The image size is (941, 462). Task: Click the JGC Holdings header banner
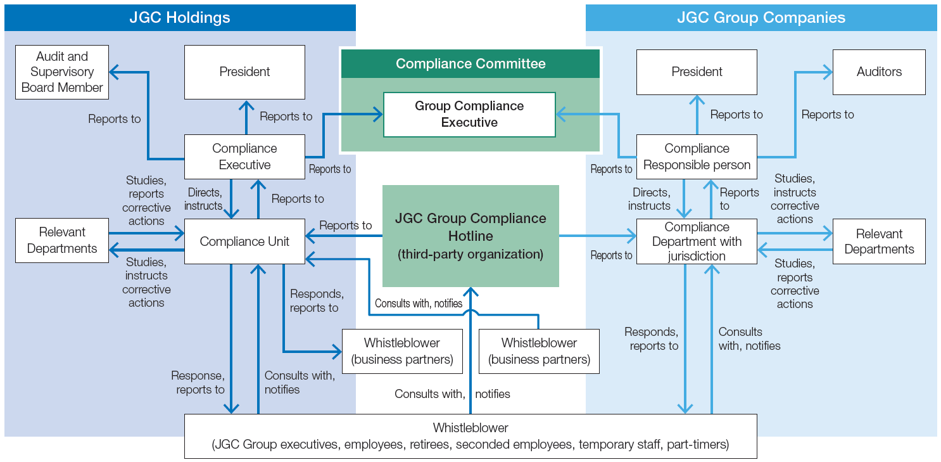click(180, 18)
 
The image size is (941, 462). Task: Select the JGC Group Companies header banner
click(761, 18)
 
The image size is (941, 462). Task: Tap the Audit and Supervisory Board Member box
click(62, 72)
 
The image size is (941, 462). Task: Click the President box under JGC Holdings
click(244, 72)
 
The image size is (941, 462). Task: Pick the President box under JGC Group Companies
click(697, 72)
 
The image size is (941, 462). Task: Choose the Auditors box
click(879, 72)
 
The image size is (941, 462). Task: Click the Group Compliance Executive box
click(469, 115)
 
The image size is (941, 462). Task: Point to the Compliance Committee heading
click(470, 64)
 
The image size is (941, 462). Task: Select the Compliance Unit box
click(244, 241)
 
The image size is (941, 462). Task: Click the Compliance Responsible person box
click(697, 157)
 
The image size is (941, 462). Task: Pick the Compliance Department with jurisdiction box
click(697, 241)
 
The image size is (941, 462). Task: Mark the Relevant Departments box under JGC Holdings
click(62, 241)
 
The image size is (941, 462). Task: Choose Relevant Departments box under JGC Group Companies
click(879, 241)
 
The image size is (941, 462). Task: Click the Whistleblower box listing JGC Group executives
click(470, 436)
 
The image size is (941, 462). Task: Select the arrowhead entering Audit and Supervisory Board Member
click(115, 72)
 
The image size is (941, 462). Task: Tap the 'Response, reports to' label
click(198, 383)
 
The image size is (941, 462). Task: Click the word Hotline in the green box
click(470, 236)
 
